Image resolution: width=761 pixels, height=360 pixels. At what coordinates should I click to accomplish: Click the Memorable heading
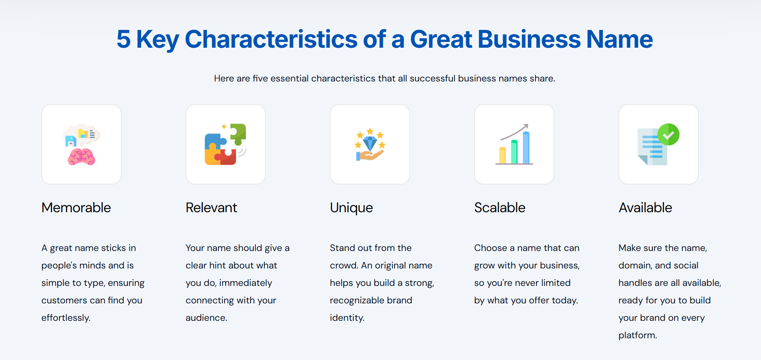pyautogui.click(x=76, y=208)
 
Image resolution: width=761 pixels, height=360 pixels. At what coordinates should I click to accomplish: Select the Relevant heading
pyautogui.click(x=211, y=208)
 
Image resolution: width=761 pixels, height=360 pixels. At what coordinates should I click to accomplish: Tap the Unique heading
pyautogui.click(x=351, y=208)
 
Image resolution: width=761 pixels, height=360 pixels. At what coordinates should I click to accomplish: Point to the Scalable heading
pyautogui.click(x=500, y=208)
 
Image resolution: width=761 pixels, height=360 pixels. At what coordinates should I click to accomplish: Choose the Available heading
pyautogui.click(x=645, y=208)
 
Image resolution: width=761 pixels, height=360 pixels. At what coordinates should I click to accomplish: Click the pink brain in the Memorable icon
pyautogui.click(x=81, y=157)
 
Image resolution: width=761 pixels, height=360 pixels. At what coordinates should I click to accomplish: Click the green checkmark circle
pyautogui.click(x=668, y=134)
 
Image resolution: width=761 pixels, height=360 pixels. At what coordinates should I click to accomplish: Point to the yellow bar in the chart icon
pyautogui.click(x=502, y=155)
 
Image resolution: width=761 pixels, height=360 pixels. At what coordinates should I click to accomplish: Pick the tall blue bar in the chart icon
pyautogui.click(x=526, y=148)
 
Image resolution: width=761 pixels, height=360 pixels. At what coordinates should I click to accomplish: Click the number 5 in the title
pyautogui.click(x=124, y=39)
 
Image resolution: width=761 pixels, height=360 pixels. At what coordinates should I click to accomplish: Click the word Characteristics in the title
pyautogui.click(x=271, y=39)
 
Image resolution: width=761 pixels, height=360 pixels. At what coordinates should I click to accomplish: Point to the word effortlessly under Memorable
pyautogui.click(x=66, y=318)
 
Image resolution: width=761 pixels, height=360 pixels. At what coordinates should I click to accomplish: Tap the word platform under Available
pyautogui.click(x=638, y=335)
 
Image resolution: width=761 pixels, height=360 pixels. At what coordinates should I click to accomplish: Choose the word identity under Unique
pyautogui.click(x=347, y=318)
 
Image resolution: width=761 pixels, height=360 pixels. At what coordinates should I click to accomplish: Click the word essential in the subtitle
pyautogui.click(x=290, y=78)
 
